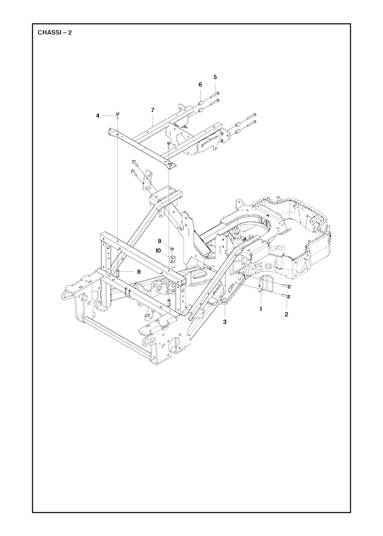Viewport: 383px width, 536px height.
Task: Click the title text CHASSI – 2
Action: [55, 32]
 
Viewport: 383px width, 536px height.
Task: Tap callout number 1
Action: [261, 309]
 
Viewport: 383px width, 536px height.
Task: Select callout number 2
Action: [286, 315]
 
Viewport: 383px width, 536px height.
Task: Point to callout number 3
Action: [224, 322]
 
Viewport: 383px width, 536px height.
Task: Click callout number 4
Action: [98, 116]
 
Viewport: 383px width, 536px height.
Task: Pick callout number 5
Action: [215, 77]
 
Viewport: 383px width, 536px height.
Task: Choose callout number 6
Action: [200, 85]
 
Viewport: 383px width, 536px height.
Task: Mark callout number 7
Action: [153, 110]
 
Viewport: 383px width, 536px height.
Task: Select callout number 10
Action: [158, 251]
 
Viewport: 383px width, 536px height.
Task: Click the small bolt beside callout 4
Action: [117, 115]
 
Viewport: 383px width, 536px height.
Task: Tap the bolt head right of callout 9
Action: [172, 249]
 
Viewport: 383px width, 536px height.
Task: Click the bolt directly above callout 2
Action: [287, 296]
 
